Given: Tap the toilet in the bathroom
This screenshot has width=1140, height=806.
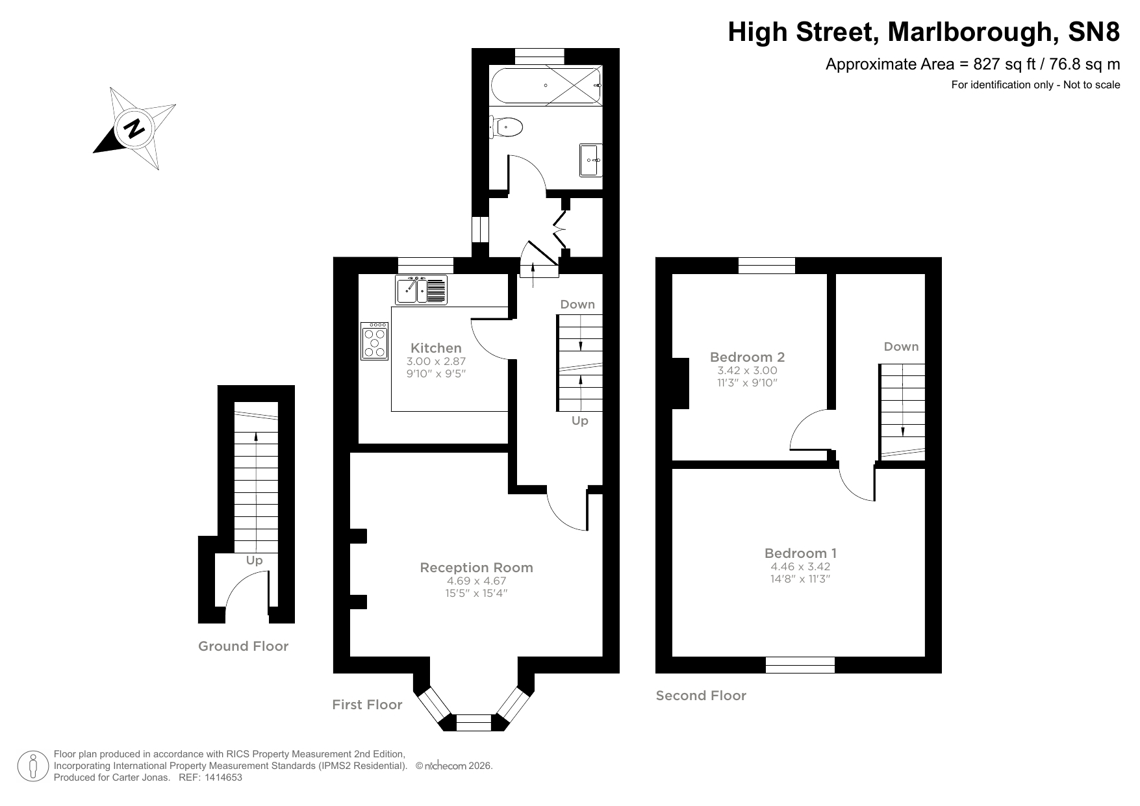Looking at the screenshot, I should pyautogui.click(x=509, y=127).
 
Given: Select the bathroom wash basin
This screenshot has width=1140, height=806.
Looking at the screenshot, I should pyautogui.click(x=590, y=160).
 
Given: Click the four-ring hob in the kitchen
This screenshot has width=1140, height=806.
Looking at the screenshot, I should pyautogui.click(x=375, y=341).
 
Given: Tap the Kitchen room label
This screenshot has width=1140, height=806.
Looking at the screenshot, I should pyautogui.click(x=436, y=348).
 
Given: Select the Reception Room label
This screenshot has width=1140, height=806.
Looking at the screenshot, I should pyautogui.click(x=476, y=568).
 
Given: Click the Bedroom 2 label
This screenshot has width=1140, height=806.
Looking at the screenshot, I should pyautogui.click(x=747, y=357).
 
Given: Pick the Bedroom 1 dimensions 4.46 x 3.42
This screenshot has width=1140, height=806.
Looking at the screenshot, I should pyautogui.click(x=800, y=566).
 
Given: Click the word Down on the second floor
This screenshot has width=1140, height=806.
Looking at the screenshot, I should pyautogui.click(x=901, y=347).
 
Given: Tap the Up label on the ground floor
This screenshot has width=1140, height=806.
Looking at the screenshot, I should pyautogui.click(x=254, y=560).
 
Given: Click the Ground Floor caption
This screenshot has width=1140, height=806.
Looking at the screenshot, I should pyautogui.click(x=243, y=646).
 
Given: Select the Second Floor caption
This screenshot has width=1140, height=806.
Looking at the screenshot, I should pyautogui.click(x=701, y=696).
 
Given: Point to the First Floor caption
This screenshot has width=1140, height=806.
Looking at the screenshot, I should pyautogui.click(x=367, y=705).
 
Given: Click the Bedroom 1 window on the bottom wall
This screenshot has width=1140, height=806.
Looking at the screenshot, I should pyautogui.click(x=800, y=664).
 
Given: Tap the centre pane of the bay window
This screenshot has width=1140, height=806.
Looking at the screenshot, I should pyautogui.click(x=474, y=722).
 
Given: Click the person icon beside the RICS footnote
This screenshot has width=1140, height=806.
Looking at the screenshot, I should pyautogui.click(x=33, y=766).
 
